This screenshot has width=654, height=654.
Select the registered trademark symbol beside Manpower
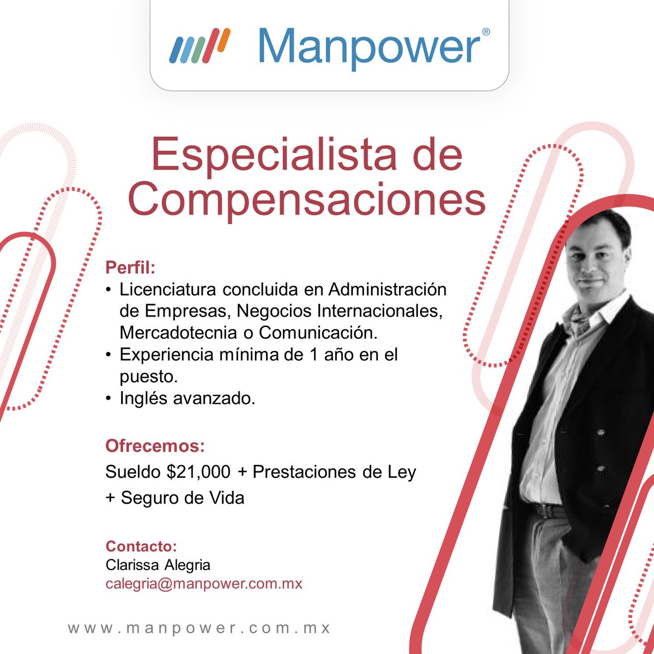[x=486, y=32]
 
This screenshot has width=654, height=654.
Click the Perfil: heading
[x=130, y=268]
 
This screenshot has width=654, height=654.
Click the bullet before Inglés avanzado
[x=110, y=399]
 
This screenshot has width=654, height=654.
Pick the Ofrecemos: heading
[x=155, y=446]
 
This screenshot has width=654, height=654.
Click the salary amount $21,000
[x=199, y=472]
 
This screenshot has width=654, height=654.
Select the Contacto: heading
[x=141, y=546]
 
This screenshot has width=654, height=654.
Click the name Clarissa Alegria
[x=158, y=565]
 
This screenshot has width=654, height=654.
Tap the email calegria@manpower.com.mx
[x=204, y=584]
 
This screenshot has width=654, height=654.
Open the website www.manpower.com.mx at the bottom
[x=199, y=627]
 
